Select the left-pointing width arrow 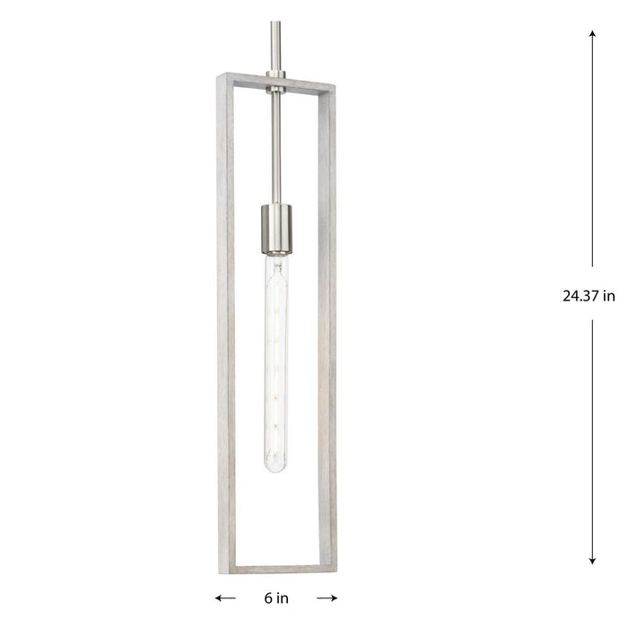tap(225, 597)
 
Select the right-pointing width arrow tap(327, 597)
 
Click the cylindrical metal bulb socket tap(276, 230)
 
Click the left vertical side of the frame tap(223, 323)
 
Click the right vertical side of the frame tap(329, 323)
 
